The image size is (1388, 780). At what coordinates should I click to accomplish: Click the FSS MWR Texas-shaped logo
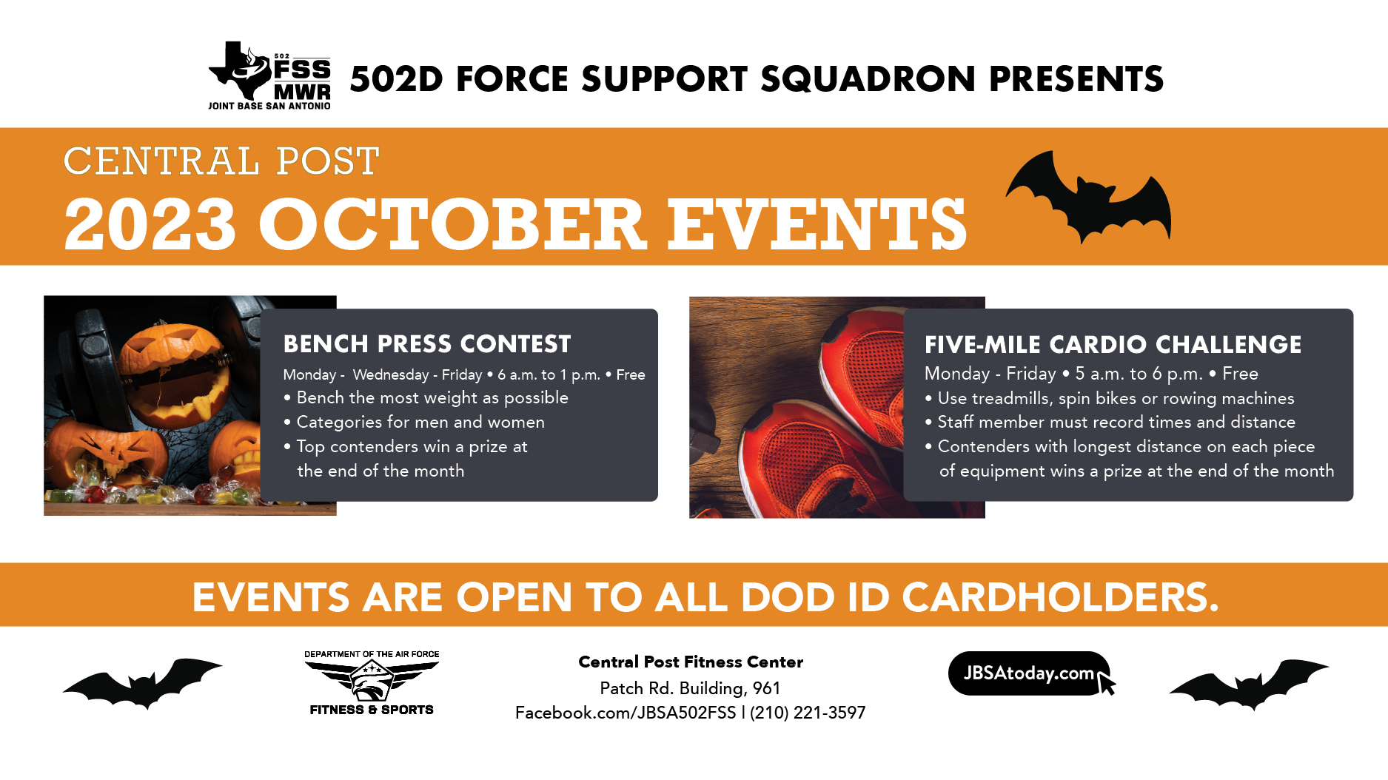[x=269, y=75]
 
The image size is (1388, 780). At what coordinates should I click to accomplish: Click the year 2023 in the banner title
[x=150, y=224]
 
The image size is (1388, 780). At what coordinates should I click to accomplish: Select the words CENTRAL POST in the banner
[x=221, y=161]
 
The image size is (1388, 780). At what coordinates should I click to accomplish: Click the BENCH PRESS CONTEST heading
[x=427, y=344]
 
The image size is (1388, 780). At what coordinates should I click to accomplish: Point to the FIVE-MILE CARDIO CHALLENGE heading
[x=1113, y=345]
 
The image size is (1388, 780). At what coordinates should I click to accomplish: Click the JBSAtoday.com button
[x=1031, y=673]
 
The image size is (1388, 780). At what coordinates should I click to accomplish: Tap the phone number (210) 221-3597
[x=808, y=713]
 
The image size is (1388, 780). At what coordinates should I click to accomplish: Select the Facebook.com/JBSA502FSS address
[x=626, y=713]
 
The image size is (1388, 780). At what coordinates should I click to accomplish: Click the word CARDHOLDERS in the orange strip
[x=1060, y=597]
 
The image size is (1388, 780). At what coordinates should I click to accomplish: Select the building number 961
[x=767, y=688]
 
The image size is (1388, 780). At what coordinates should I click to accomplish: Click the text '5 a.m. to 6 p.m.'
[x=1139, y=374]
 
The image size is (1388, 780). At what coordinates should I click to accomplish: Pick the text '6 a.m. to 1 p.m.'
[x=549, y=375]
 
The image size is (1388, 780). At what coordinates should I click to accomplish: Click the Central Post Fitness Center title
[x=691, y=662]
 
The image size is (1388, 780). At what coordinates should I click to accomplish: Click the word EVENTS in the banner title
[x=818, y=224]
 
